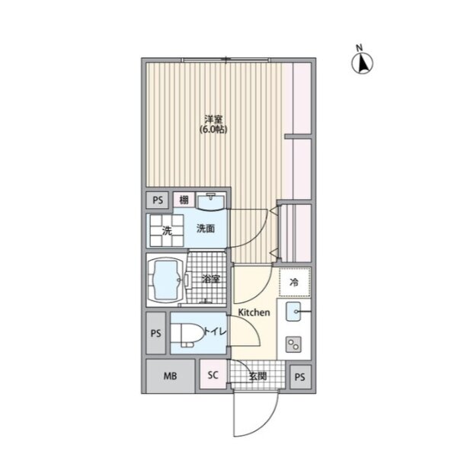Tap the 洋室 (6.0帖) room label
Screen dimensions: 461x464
[x=213, y=125]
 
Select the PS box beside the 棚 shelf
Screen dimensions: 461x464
[x=158, y=200]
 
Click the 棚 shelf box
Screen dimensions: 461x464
[x=184, y=200]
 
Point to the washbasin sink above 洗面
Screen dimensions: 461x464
[x=210, y=201]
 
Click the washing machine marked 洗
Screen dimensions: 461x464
[x=167, y=231]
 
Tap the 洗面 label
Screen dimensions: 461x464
[x=206, y=229]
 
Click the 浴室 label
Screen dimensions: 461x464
[x=210, y=279]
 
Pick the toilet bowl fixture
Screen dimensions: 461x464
[x=187, y=334]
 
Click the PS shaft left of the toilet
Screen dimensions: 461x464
[x=155, y=333]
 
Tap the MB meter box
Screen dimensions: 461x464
[x=171, y=376]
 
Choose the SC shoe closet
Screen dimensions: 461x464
[x=213, y=375]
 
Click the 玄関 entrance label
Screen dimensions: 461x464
[x=258, y=376]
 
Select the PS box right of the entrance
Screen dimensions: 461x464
[x=299, y=376]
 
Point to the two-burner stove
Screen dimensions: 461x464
[x=293, y=344]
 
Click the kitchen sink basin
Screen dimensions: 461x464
[x=293, y=312]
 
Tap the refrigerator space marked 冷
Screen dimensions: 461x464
[x=294, y=283]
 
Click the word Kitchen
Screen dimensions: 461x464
[x=255, y=312]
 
